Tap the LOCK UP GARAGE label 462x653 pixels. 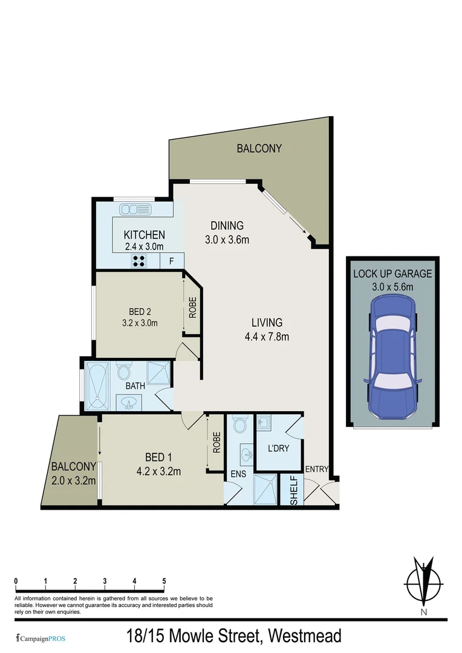pyautogui.click(x=392, y=273)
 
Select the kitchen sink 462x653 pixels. pyautogui.click(x=135, y=210)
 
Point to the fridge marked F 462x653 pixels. pyautogui.click(x=172, y=261)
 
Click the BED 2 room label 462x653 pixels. pyautogui.click(x=140, y=311)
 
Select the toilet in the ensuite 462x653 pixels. pyautogui.click(x=239, y=424)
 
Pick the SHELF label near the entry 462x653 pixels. pyautogui.click(x=294, y=491)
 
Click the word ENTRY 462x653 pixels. pyautogui.click(x=316, y=469)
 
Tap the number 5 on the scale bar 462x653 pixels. pyautogui.click(x=164, y=581)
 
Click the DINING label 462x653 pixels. pyautogui.click(x=227, y=226)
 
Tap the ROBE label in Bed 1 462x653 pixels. pyautogui.click(x=216, y=443)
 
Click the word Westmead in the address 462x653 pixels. pyautogui.click(x=305, y=636)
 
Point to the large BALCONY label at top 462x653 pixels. pyautogui.click(x=259, y=148)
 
